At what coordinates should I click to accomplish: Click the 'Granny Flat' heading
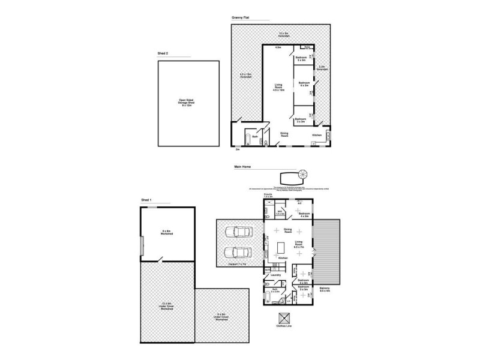241,19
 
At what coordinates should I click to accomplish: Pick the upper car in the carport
238,233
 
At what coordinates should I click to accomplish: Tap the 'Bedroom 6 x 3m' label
303,85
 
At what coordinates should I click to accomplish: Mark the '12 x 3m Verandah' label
284,34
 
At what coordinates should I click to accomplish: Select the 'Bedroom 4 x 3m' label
304,214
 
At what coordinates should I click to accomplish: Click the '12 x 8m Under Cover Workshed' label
167,306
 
